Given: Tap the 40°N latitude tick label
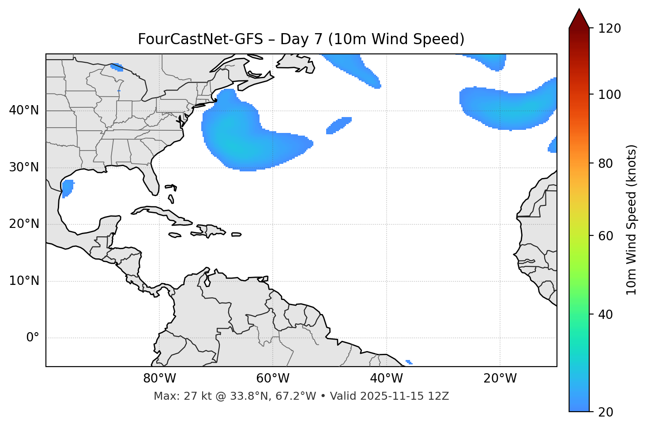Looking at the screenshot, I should [x=24, y=110].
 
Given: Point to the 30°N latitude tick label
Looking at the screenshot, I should [x=24, y=167].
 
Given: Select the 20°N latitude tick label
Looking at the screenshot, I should [x=24, y=224].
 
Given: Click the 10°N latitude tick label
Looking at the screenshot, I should [x=24, y=281].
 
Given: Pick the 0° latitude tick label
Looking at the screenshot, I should [x=32, y=338].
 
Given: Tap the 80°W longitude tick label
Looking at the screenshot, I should [x=159, y=379].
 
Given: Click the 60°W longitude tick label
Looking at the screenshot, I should [x=273, y=379].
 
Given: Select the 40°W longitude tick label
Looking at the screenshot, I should [x=386, y=379].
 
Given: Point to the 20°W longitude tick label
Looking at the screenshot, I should [x=500, y=379].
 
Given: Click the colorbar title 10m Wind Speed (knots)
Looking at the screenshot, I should [x=632, y=220].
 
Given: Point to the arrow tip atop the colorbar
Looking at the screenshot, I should [x=579, y=10].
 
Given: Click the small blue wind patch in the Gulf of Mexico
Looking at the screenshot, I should [x=68, y=188].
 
